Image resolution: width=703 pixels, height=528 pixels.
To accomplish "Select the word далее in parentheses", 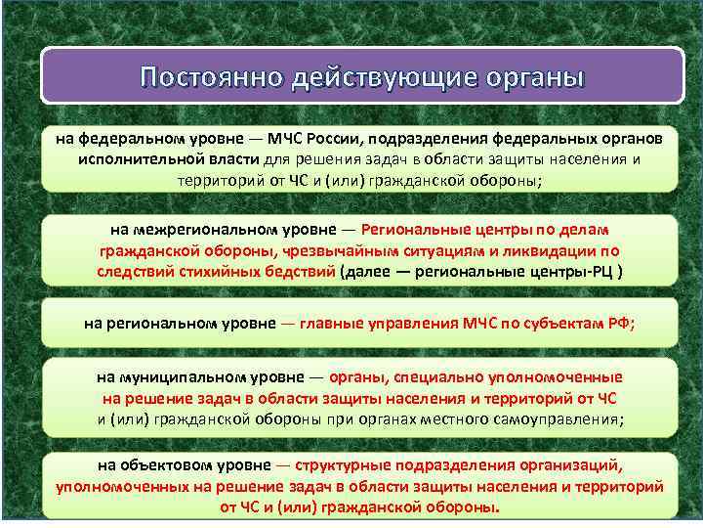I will coord(371,271).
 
